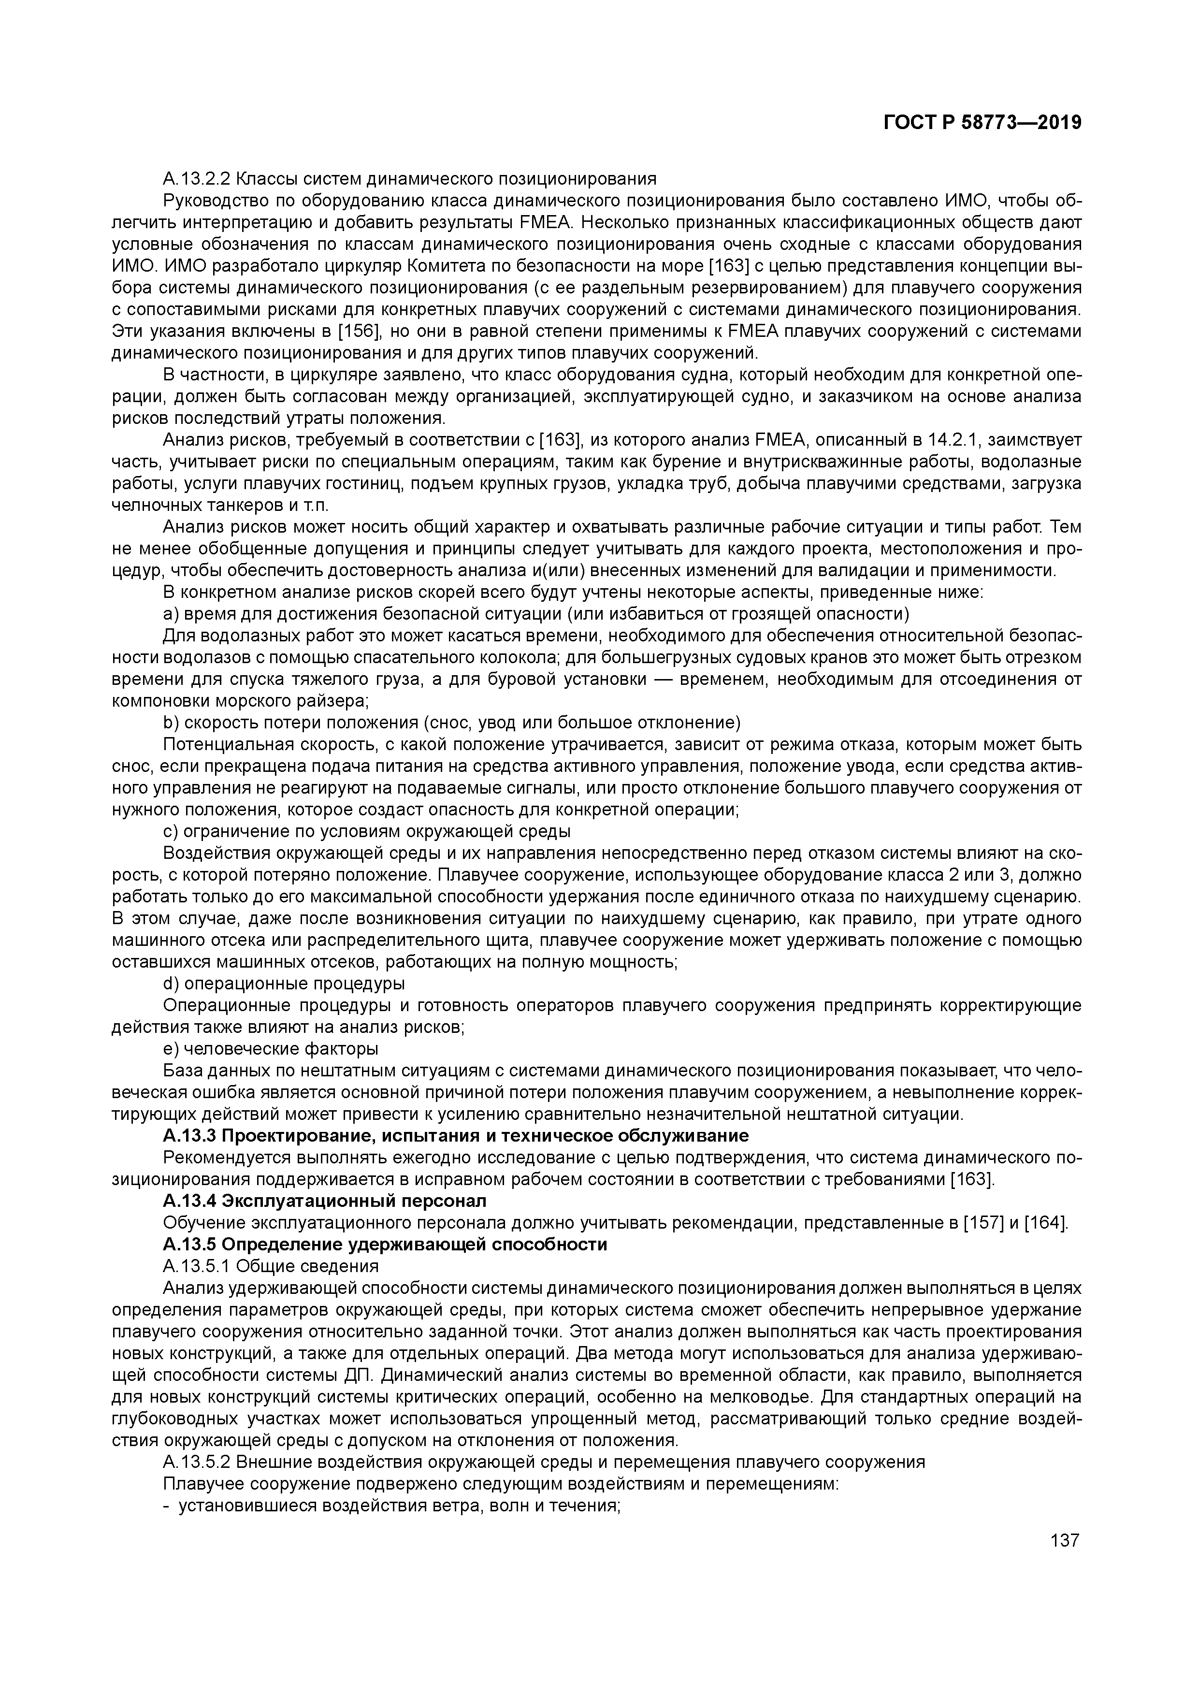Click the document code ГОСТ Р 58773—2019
pos(982,123)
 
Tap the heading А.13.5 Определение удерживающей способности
pos(385,1245)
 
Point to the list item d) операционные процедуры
pos(284,984)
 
